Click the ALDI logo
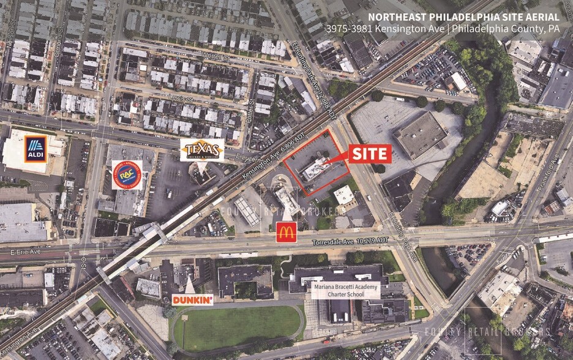pyautogui.click(x=36, y=149)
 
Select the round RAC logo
pyautogui.click(x=127, y=174)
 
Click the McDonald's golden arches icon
pyautogui.click(x=286, y=232)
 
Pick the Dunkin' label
pyautogui.click(x=192, y=299)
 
